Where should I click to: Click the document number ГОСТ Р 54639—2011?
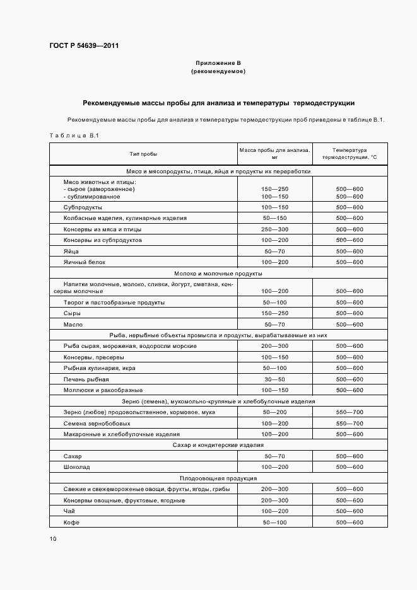tap(84, 46)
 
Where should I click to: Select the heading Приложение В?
tap(218, 64)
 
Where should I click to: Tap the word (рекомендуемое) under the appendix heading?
tap(218, 72)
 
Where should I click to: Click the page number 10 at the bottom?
tap(52, 539)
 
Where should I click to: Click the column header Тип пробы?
tap(143, 154)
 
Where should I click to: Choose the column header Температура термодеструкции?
tap(349, 154)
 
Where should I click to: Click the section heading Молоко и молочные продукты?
tap(218, 274)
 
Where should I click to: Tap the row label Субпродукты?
tap(83, 207)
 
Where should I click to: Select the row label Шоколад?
tap(77, 467)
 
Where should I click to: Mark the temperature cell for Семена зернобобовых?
tap(349, 424)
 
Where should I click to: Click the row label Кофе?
tap(71, 523)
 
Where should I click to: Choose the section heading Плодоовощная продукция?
tap(218, 478)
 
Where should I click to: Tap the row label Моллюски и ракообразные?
tap(100, 390)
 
